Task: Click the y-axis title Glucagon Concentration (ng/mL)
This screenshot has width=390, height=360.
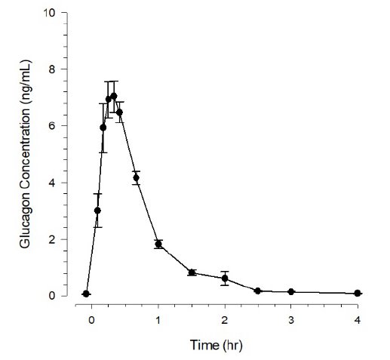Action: click(x=25, y=155)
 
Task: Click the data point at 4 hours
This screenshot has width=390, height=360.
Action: click(x=358, y=293)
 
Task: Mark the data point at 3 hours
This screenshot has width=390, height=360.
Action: click(x=291, y=292)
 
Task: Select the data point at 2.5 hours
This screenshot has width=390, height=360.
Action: click(x=258, y=291)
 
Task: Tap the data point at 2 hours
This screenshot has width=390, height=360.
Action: click(x=225, y=278)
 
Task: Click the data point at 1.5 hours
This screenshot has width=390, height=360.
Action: click(x=192, y=272)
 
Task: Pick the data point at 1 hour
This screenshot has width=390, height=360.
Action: click(x=158, y=244)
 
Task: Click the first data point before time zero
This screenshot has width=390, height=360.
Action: click(x=86, y=294)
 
